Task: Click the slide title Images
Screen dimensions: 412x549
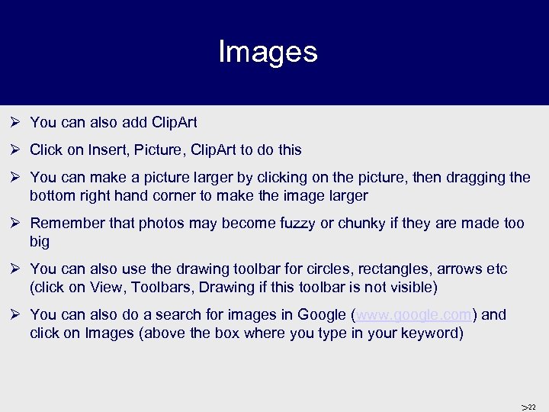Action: point(268,52)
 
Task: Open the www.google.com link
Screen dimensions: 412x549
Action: point(413,314)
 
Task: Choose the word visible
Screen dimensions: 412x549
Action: point(410,287)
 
